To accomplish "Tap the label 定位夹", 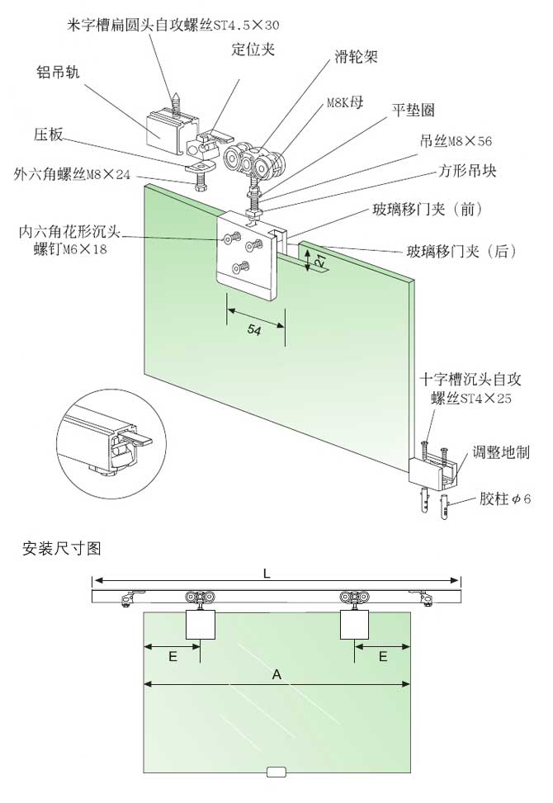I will click(x=252, y=49).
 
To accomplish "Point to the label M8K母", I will click(x=343, y=102).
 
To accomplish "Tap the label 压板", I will click(x=49, y=133).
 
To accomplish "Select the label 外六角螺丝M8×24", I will click(x=73, y=174).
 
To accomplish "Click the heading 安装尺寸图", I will click(x=62, y=547).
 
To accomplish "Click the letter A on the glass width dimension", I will click(x=277, y=674).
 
